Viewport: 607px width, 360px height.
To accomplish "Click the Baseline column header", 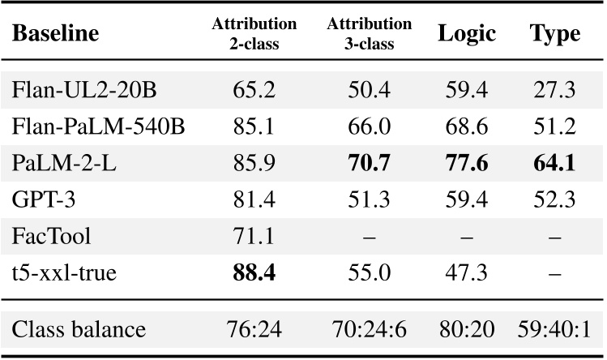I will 57,35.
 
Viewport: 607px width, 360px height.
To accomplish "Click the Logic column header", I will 466,35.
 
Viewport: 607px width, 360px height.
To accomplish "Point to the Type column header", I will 555,35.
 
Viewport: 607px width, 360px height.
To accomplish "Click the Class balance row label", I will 79,330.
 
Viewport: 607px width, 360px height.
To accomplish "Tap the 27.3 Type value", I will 555,90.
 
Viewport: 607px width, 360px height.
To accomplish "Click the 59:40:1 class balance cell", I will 555,330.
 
